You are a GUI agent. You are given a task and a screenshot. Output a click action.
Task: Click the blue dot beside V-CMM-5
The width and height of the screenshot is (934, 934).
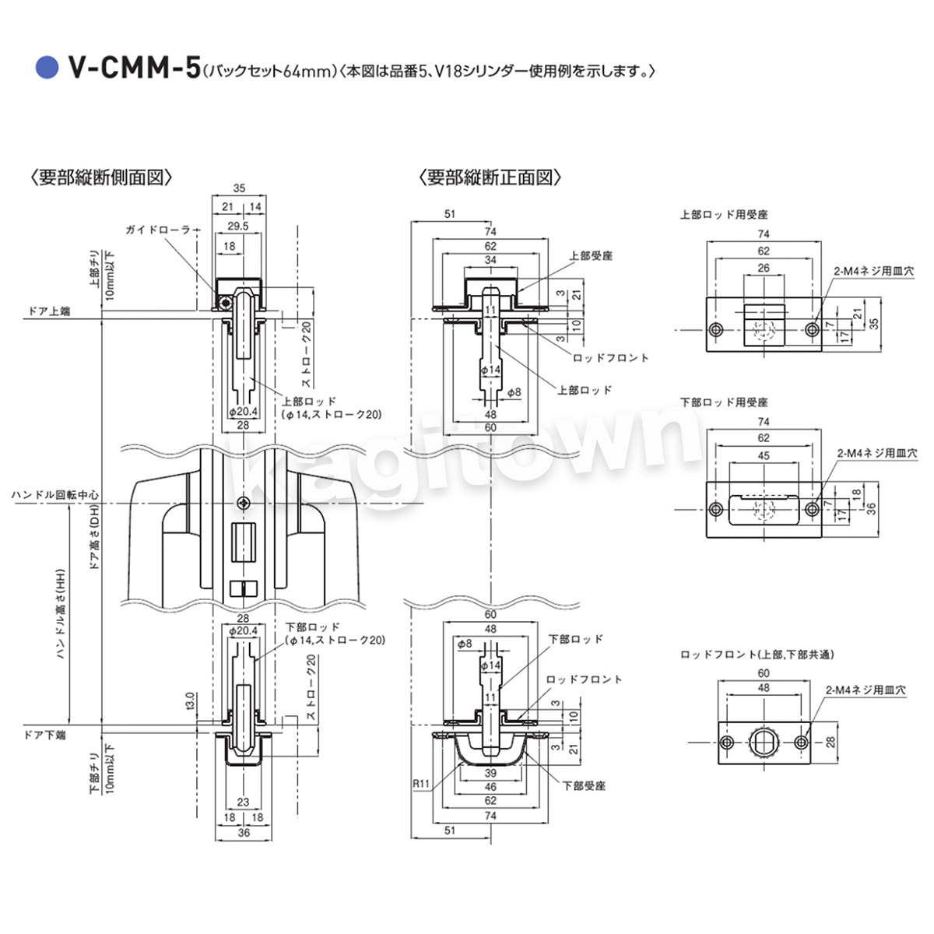(x=48, y=68)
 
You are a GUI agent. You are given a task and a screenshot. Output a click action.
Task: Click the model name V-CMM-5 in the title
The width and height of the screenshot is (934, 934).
(x=133, y=68)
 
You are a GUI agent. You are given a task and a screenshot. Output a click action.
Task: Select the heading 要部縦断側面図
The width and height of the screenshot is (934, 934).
(x=100, y=177)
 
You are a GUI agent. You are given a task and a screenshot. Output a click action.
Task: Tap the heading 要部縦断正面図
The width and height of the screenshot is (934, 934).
(x=490, y=177)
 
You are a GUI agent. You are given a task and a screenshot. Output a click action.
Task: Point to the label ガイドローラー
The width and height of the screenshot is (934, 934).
(x=158, y=230)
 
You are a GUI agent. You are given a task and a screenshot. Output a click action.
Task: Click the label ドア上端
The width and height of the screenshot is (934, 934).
(x=48, y=311)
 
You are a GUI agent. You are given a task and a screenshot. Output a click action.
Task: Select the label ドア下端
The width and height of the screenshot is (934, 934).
(x=45, y=734)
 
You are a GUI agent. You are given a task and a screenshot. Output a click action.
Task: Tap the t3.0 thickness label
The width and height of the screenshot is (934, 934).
(x=189, y=700)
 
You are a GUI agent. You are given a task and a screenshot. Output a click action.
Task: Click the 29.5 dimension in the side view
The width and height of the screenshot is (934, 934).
(x=237, y=226)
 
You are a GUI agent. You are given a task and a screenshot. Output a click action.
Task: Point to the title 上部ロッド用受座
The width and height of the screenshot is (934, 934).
(x=724, y=214)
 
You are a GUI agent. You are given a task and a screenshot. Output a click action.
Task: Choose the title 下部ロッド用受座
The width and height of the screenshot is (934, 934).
(x=724, y=402)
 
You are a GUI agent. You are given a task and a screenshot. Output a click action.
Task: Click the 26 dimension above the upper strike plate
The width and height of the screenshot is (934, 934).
(x=764, y=268)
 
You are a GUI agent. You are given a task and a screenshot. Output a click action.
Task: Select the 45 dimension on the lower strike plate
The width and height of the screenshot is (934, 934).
(x=764, y=455)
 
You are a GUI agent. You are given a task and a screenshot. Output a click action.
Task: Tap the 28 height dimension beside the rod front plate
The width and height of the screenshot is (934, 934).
(x=830, y=743)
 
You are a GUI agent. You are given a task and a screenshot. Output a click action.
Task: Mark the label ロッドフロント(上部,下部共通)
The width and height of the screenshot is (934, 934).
(x=757, y=655)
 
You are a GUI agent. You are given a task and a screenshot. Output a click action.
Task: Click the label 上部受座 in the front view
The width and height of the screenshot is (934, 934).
(x=591, y=255)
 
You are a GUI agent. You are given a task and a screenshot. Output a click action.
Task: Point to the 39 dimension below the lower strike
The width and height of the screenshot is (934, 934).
(x=490, y=773)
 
